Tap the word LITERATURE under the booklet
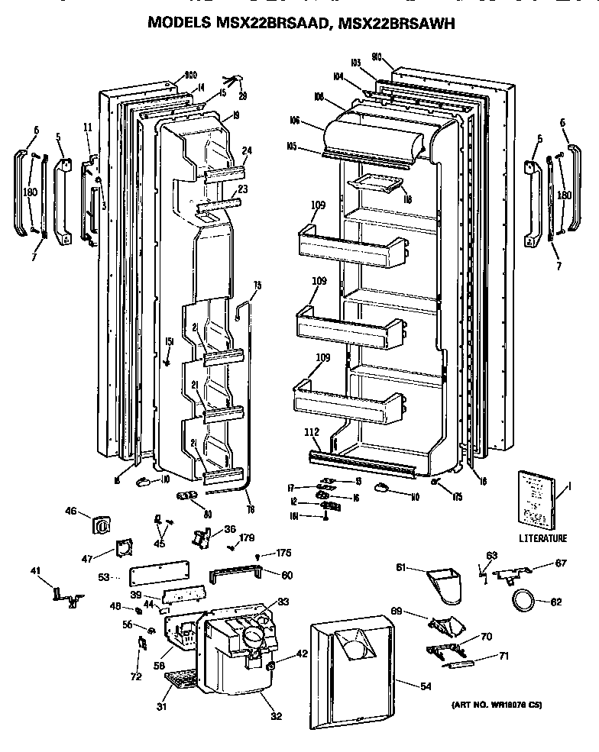(x=543, y=538)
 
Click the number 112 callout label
(x=312, y=433)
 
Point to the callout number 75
(x=257, y=286)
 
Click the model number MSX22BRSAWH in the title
(x=396, y=24)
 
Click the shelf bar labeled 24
(x=225, y=175)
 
